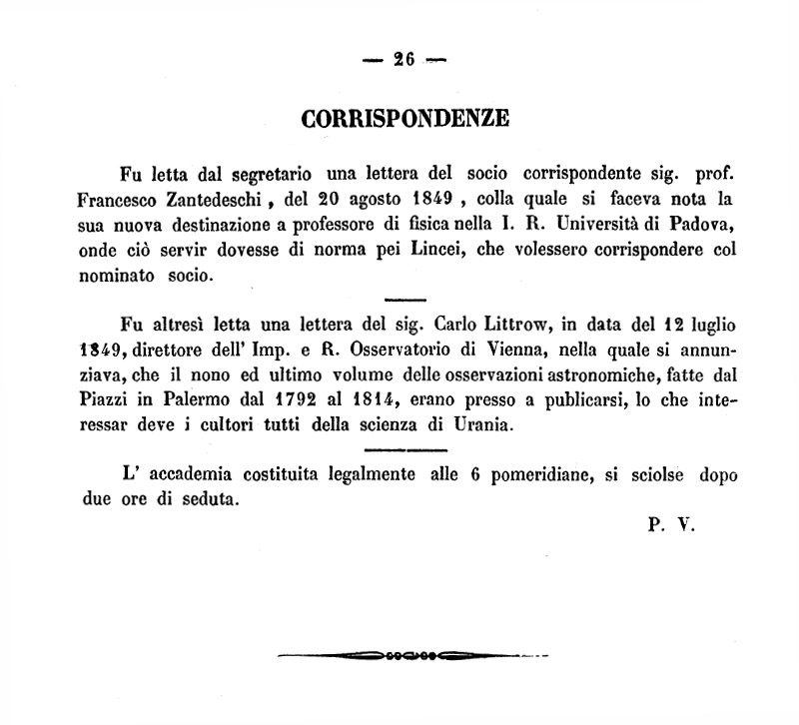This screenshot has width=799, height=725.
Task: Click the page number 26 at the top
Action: click(x=403, y=58)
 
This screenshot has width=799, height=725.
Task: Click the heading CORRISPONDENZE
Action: click(x=405, y=118)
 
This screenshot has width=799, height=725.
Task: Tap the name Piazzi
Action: click(x=109, y=399)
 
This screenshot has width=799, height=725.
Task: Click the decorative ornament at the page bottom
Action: click(x=409, y=656)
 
